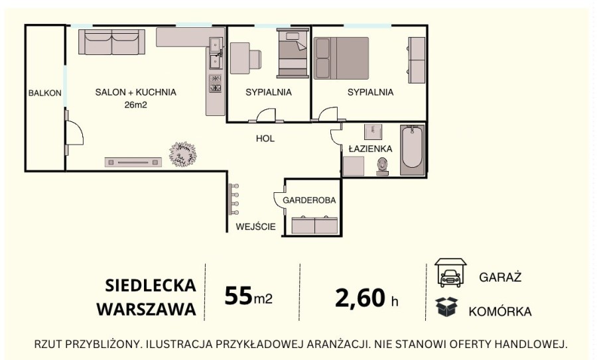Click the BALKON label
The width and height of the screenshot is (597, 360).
[x=45, y=93]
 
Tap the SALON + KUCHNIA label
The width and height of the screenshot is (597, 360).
[x=136, y=92]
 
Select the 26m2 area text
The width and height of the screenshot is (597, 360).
[x=135, y=105]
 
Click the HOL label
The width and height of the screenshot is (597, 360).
[x=265, y=139]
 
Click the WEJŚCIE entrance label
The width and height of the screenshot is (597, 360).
[x=255, y=227]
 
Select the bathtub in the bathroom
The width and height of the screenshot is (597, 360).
[x=412, y=149]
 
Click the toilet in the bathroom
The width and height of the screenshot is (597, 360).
[x=383, y=166]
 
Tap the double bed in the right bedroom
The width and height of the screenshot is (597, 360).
[x=341, y=58]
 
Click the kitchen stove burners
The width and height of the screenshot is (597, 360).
[x=216, y=83]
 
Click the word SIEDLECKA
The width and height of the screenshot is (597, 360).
[x=151, y=286]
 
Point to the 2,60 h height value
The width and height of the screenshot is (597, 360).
[x=367, y=298]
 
